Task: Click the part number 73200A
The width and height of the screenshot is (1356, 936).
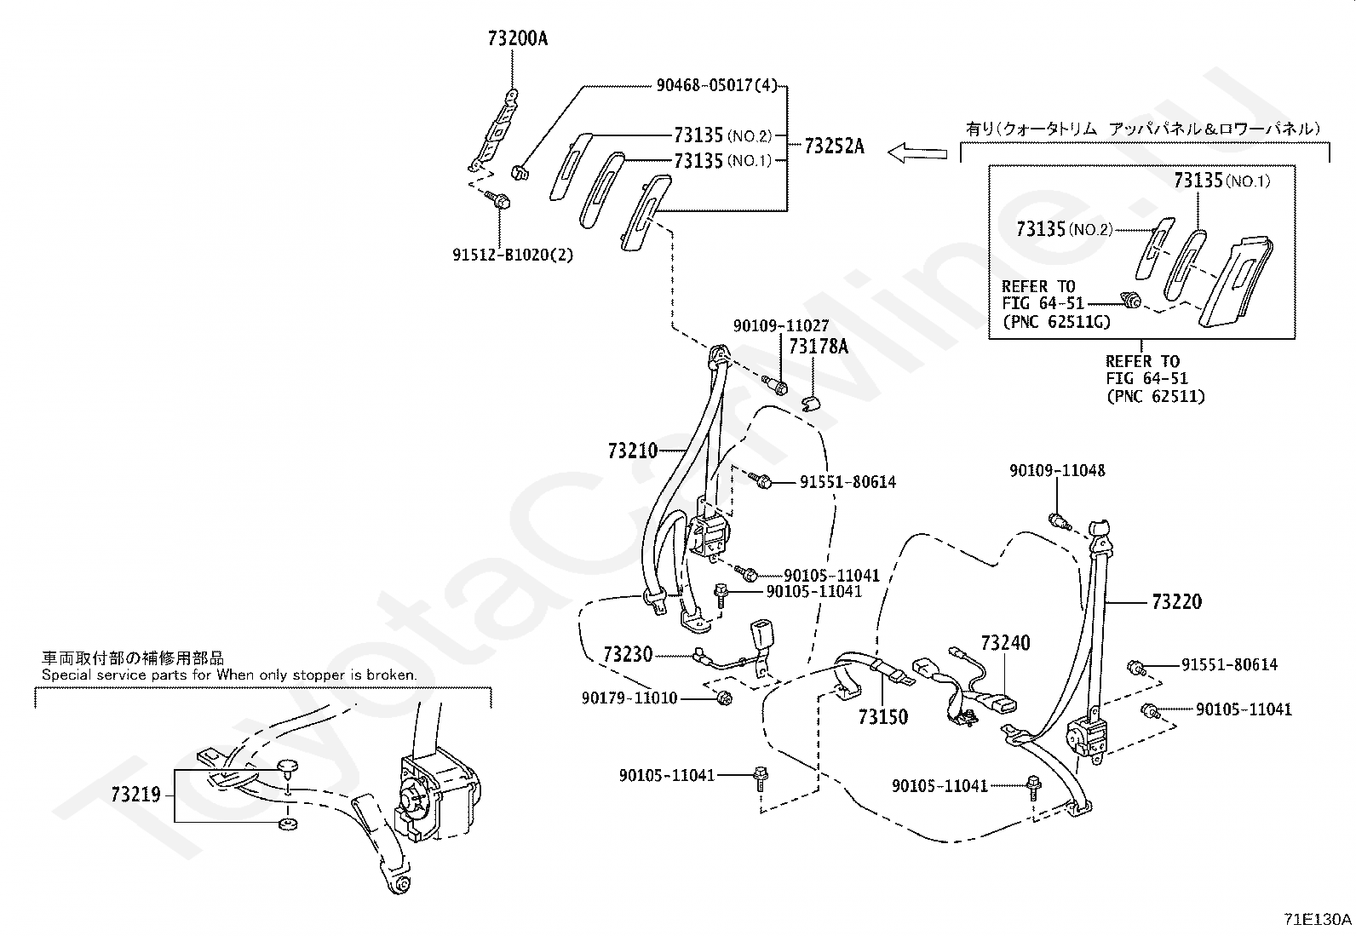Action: (518, 38)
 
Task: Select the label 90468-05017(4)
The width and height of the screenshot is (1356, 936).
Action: (716, 85)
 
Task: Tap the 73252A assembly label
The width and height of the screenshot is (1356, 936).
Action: (834, 146)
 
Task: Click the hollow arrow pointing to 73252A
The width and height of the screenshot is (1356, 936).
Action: (917, 152)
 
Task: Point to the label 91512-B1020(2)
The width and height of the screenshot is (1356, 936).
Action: (513, 255)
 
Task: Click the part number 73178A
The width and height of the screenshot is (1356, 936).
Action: (819, 347)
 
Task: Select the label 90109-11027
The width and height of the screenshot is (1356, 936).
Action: (781, 325)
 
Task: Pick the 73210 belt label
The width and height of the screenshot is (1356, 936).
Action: (633, 451)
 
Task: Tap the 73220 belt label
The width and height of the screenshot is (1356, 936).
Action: (1177, 602)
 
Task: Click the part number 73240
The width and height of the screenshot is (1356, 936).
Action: (1005, 642)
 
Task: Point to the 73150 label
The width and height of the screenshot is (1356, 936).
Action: (883, 717)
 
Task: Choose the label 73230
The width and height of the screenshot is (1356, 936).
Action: (628, 654)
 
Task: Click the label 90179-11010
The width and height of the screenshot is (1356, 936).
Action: (629, 698)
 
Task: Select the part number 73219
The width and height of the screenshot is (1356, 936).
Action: (135, 795)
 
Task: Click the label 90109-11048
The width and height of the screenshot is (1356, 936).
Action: (1057, 470)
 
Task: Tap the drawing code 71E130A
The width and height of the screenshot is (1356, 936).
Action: (1318, 919)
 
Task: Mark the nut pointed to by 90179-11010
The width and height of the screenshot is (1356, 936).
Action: (724, 698)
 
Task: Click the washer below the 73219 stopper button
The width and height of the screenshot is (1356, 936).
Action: (287, 824)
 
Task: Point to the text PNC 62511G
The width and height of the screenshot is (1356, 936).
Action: (1057, 321)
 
